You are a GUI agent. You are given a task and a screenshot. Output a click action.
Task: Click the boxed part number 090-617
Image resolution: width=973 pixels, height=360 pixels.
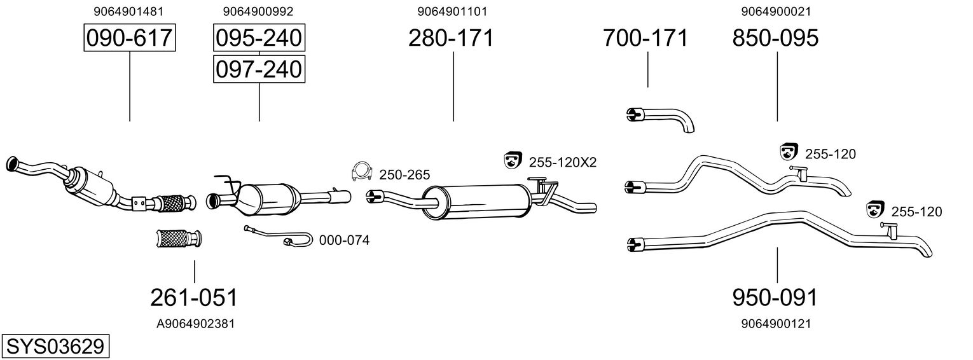pos(130,38)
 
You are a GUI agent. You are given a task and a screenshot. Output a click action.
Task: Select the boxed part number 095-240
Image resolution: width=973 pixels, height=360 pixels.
pos(259,38)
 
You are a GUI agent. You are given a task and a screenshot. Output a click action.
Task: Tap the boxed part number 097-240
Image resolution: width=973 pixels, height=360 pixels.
pos(259,69)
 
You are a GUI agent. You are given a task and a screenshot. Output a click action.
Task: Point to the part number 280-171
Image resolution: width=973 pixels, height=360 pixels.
pos(452,38)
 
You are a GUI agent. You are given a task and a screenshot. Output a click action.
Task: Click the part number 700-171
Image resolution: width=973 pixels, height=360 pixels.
pos(645,38)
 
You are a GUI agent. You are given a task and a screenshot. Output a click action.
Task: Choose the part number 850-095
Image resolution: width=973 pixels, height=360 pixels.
pos(775,38)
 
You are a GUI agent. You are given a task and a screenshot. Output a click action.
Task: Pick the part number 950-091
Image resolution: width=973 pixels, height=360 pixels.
pos(775,298)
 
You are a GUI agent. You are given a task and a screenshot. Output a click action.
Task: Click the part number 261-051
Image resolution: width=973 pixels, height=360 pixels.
pos(194,298)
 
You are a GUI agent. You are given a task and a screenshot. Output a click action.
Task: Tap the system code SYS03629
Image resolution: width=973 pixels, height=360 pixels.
pos(55,347)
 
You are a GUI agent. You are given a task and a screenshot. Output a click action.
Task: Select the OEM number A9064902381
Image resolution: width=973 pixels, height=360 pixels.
pos(195,324)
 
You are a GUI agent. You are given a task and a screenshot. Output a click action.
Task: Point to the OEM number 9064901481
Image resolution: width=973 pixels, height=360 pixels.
pos(128,11)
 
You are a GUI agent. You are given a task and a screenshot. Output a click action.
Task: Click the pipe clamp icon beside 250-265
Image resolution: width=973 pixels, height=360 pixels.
pos(362,172)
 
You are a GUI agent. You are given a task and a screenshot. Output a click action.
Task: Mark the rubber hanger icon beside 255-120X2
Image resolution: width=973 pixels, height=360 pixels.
pos(513,160)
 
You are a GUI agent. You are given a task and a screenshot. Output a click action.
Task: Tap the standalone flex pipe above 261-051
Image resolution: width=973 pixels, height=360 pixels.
pos(179,239)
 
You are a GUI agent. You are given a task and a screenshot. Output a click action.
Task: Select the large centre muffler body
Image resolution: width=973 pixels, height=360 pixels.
pos(476,202)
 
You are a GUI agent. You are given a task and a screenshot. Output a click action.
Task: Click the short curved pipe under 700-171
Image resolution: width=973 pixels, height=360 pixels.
pos(661,119)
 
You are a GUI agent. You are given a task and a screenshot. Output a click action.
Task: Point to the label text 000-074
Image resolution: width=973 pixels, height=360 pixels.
pos(345,240)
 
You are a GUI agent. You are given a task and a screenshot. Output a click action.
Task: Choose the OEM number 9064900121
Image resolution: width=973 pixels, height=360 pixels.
pos(776,324)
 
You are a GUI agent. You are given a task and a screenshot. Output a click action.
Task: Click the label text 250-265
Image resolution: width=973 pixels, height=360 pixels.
pos(404,175)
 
